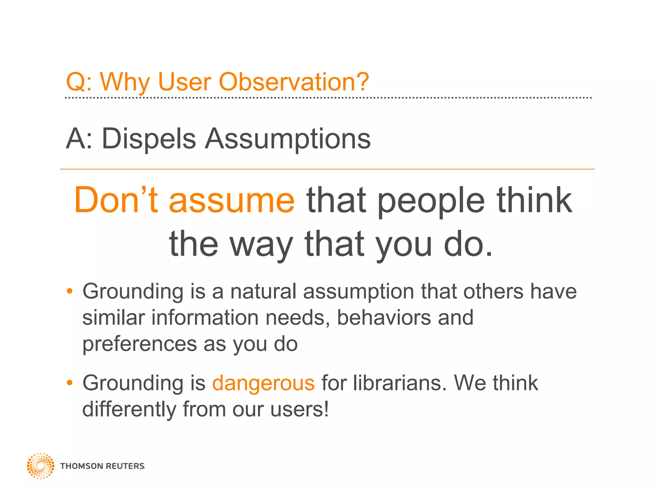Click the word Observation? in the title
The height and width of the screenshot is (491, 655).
point(294,82)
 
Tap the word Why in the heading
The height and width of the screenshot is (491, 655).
point(125,82)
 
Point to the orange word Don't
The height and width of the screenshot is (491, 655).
point(116,200)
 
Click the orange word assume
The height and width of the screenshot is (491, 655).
point(231,201)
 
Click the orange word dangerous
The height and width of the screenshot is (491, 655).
point(263,383)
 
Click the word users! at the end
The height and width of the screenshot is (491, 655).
point(299,409)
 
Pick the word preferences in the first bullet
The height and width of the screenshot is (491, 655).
point(139,345)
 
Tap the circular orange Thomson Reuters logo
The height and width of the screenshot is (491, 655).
point(40,466)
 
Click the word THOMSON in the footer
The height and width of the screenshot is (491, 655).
point(81,466)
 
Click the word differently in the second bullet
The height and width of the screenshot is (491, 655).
point(129,409)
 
